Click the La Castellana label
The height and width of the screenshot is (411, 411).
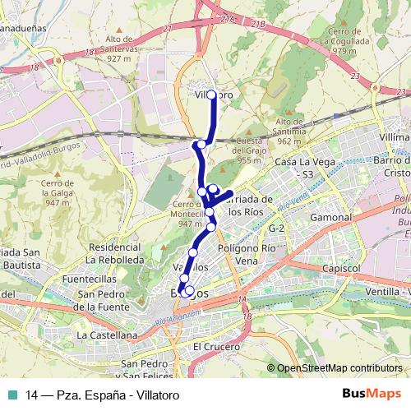click(x=106, y=335)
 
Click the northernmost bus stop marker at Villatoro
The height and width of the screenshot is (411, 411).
click(x=212, y=95)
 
